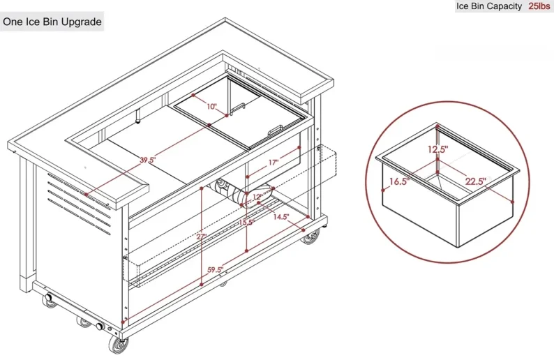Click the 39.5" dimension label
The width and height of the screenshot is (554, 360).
[x=147, y=160]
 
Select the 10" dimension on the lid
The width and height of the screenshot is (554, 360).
[x=211, y=106]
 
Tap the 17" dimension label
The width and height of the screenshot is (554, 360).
[x=274, y=163]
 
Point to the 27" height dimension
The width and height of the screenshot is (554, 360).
[x=202, y=237]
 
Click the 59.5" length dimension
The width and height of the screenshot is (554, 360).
[x=215, y=270]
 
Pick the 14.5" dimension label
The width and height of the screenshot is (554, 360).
[x=281, y=217]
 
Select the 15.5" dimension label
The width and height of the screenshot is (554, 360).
[x=246, y=223]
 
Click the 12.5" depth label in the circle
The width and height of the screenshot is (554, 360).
[x=437, y=149]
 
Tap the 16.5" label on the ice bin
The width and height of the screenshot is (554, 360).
[x=399, y=182]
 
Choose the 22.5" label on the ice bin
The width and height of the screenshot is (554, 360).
[x=476, y=181]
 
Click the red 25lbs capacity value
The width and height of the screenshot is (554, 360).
[x=539, y=6]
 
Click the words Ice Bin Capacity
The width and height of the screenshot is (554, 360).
[x=489, y=6]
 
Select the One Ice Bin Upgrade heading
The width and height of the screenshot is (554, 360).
[x=52, y=22]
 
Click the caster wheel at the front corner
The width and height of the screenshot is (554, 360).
[x=119, y=344]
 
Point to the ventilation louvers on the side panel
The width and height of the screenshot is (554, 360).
[x=79, y=203]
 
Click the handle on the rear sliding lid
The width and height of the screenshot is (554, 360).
[x=237, y=108]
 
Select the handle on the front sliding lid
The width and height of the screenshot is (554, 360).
[x=275, y=130]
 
